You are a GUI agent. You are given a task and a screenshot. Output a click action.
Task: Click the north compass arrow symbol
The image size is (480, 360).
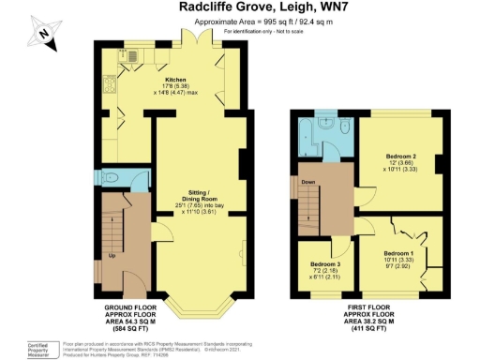41,33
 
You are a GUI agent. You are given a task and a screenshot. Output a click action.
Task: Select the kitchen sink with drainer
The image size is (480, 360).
131,57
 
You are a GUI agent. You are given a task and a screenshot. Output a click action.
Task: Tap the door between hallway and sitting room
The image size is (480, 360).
158,234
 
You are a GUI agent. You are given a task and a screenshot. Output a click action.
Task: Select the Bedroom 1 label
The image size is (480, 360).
398,254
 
